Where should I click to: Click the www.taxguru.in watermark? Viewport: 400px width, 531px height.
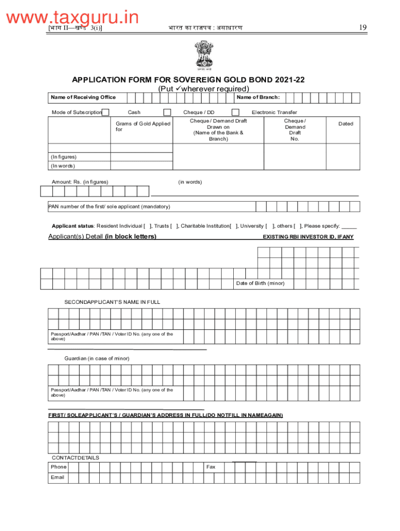(x=73, y=18)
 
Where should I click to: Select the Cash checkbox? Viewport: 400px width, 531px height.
(x=105, y=113)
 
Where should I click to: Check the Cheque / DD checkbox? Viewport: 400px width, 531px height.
(x=167, y=113)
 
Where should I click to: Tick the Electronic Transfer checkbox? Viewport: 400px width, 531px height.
(x=235, y=113)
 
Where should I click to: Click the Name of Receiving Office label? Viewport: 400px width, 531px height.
(x=83, y=97)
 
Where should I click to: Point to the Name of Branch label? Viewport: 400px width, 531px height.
(x=258, y=97)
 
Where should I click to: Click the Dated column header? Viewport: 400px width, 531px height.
(x=345, y=124)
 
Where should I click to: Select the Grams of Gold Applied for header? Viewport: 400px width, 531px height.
(x=142, y=127)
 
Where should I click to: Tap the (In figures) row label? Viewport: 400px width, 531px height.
(x=63, y=157)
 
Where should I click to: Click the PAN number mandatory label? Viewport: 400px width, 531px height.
(x=109, y=206)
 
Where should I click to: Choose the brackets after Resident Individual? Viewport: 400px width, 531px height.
(x=148, y=226)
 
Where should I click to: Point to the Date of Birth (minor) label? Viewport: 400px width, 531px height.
(x=260, y=284)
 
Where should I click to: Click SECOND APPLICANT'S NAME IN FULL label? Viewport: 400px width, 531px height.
(x=112, y=302)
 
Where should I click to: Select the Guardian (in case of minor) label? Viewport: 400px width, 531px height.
(x=97, y=358)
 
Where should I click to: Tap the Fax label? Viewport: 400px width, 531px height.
(x=211, y=467)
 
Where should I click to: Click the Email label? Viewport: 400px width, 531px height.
(x=57, y=477)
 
